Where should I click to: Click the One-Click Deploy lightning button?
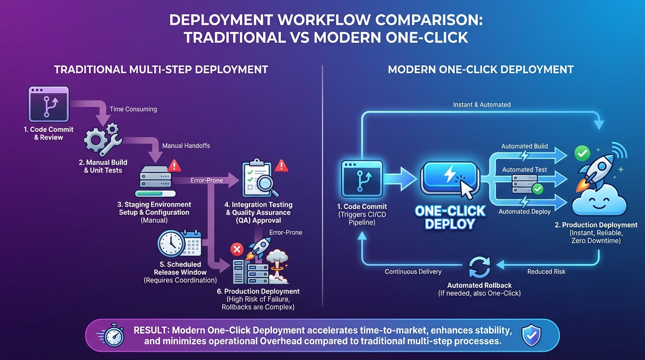[449, 177]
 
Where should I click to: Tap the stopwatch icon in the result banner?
[112, 336]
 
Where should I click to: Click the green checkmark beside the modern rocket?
[582, 153]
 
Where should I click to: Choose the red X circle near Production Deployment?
[237, 248]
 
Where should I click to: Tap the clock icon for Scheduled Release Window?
[171, 243]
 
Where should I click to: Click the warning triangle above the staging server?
[174, 165]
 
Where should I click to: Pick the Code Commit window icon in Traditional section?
[48, 105]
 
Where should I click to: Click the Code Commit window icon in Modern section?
[362, 180]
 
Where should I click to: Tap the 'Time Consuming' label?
[133, 109]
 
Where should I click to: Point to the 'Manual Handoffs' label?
[186, 146]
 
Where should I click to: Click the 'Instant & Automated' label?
[481, 105]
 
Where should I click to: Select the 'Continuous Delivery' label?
[413, 271]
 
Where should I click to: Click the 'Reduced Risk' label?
[546, 271]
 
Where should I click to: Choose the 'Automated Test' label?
[525, 170]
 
